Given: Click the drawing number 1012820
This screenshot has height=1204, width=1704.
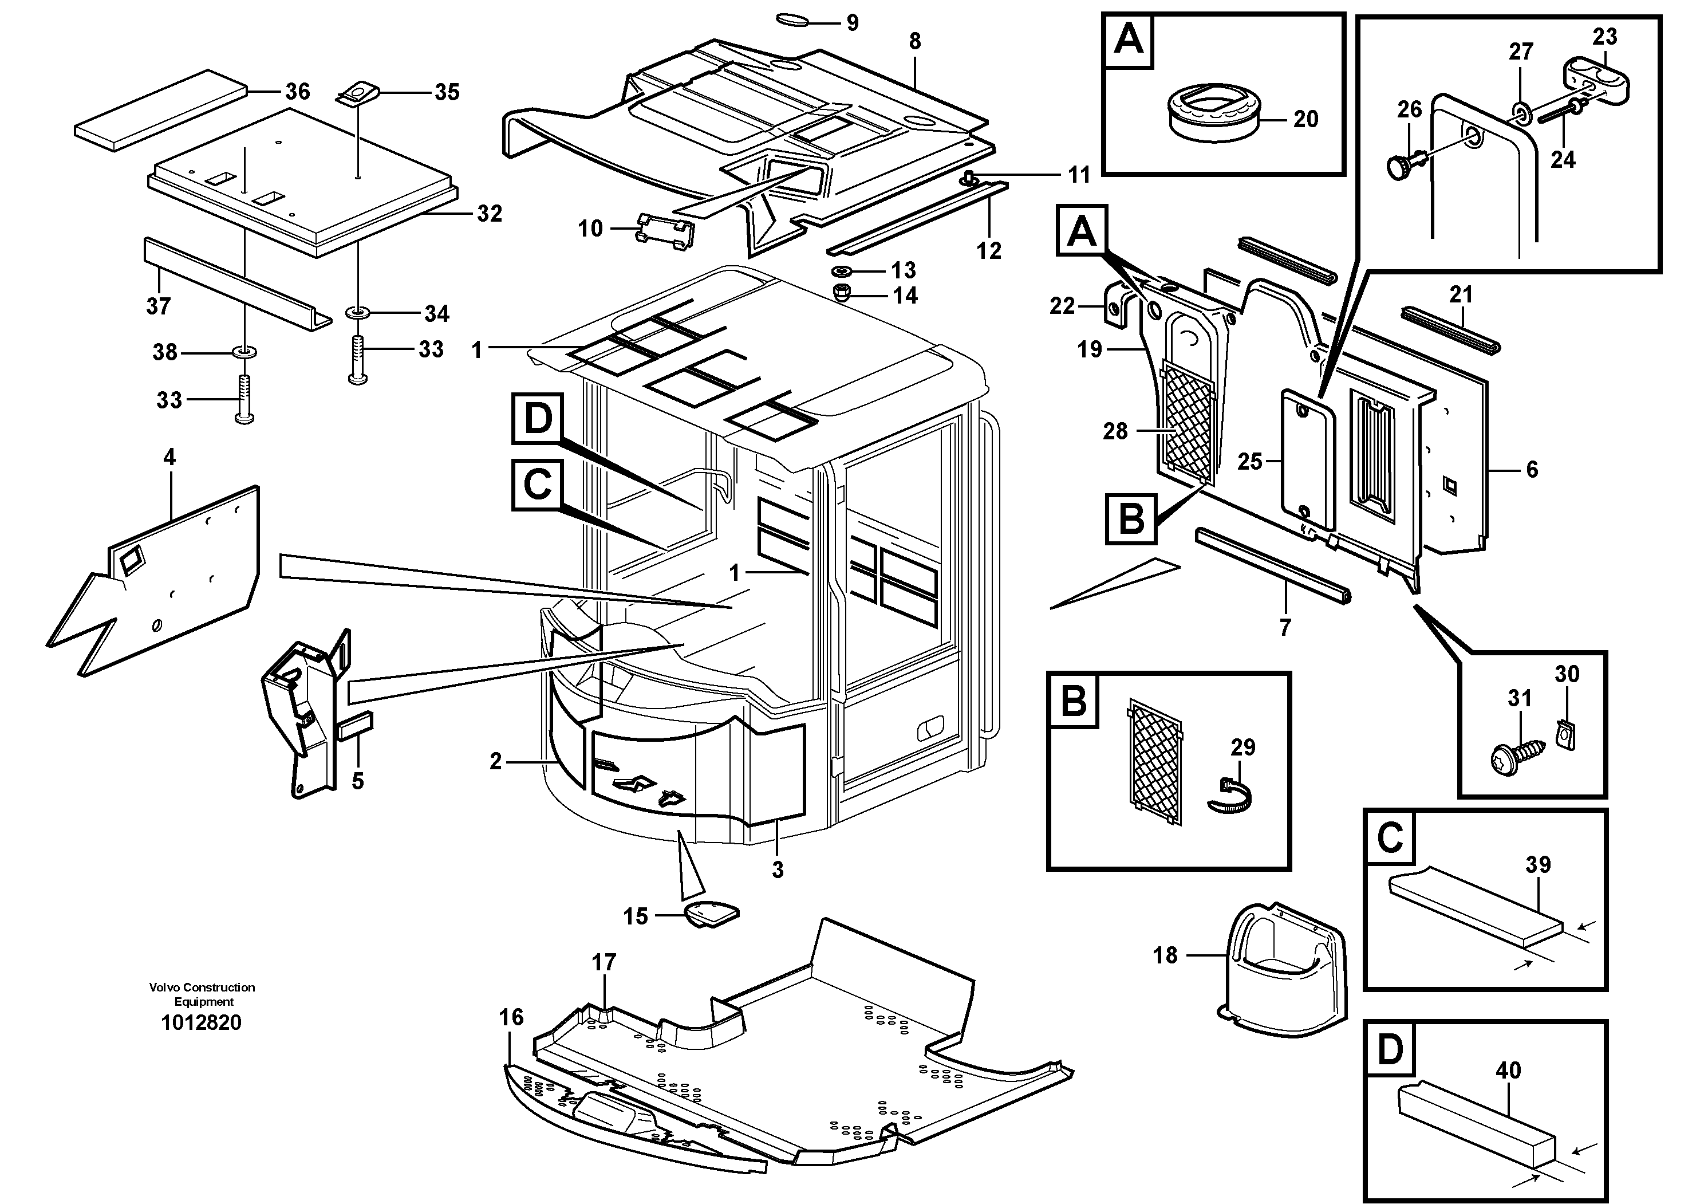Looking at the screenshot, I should pyautogui.click(x=201, y=1023).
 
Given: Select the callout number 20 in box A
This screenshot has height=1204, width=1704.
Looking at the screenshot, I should pyautogui.click(x=1305, y=119).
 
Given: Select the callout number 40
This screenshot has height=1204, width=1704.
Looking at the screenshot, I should pyautogui.click(x=1508, y=1071).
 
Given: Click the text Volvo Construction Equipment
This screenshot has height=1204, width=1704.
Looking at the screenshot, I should pyautogui.click(x=202, y=994).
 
